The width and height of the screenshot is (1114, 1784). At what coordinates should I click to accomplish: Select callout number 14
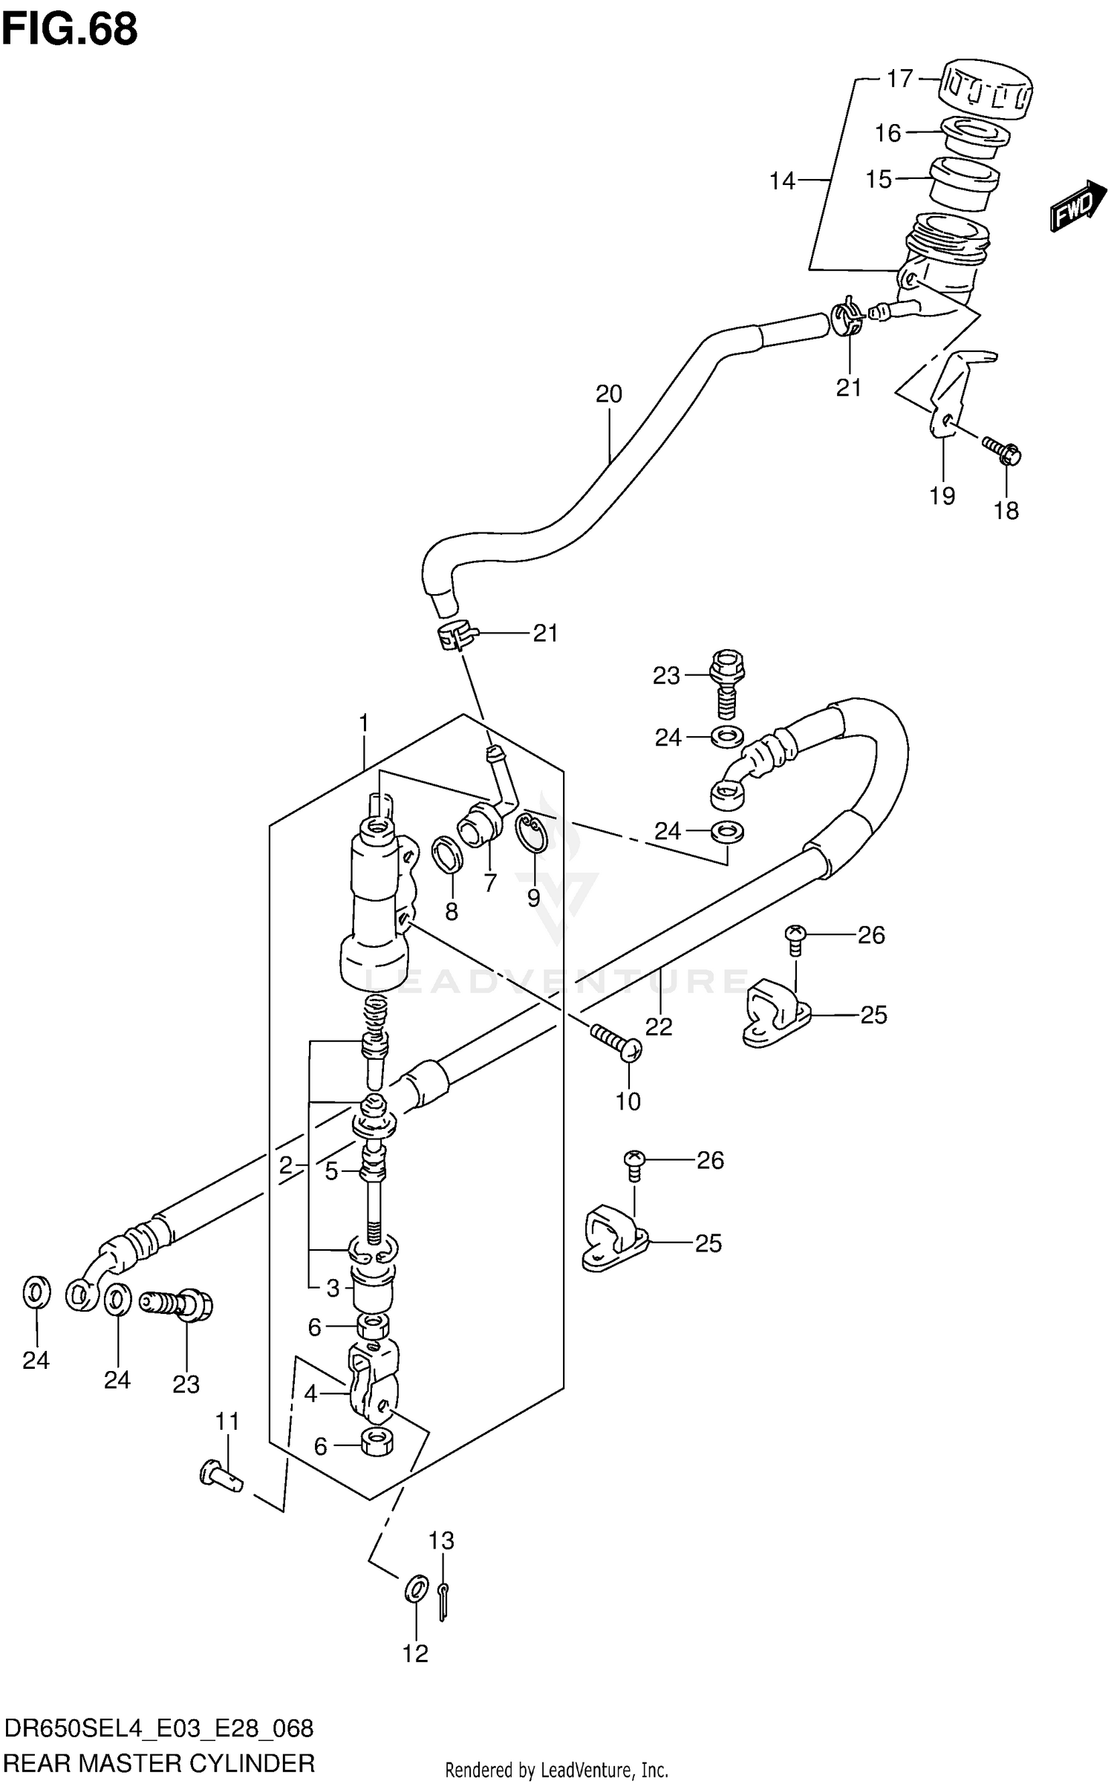pyautogui.click(x=782, y=180)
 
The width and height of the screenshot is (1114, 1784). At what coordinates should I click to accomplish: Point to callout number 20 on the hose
pyautogui.click(x=609, y=394)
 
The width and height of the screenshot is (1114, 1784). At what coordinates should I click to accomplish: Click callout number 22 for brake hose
pyautogui.click(x=659, y=1026)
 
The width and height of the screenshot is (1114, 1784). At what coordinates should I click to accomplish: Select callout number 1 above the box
pyautogui.click(x=364, y=722)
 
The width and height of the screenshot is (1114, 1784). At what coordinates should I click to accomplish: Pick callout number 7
pyautogui.click(x=489, y=883)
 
